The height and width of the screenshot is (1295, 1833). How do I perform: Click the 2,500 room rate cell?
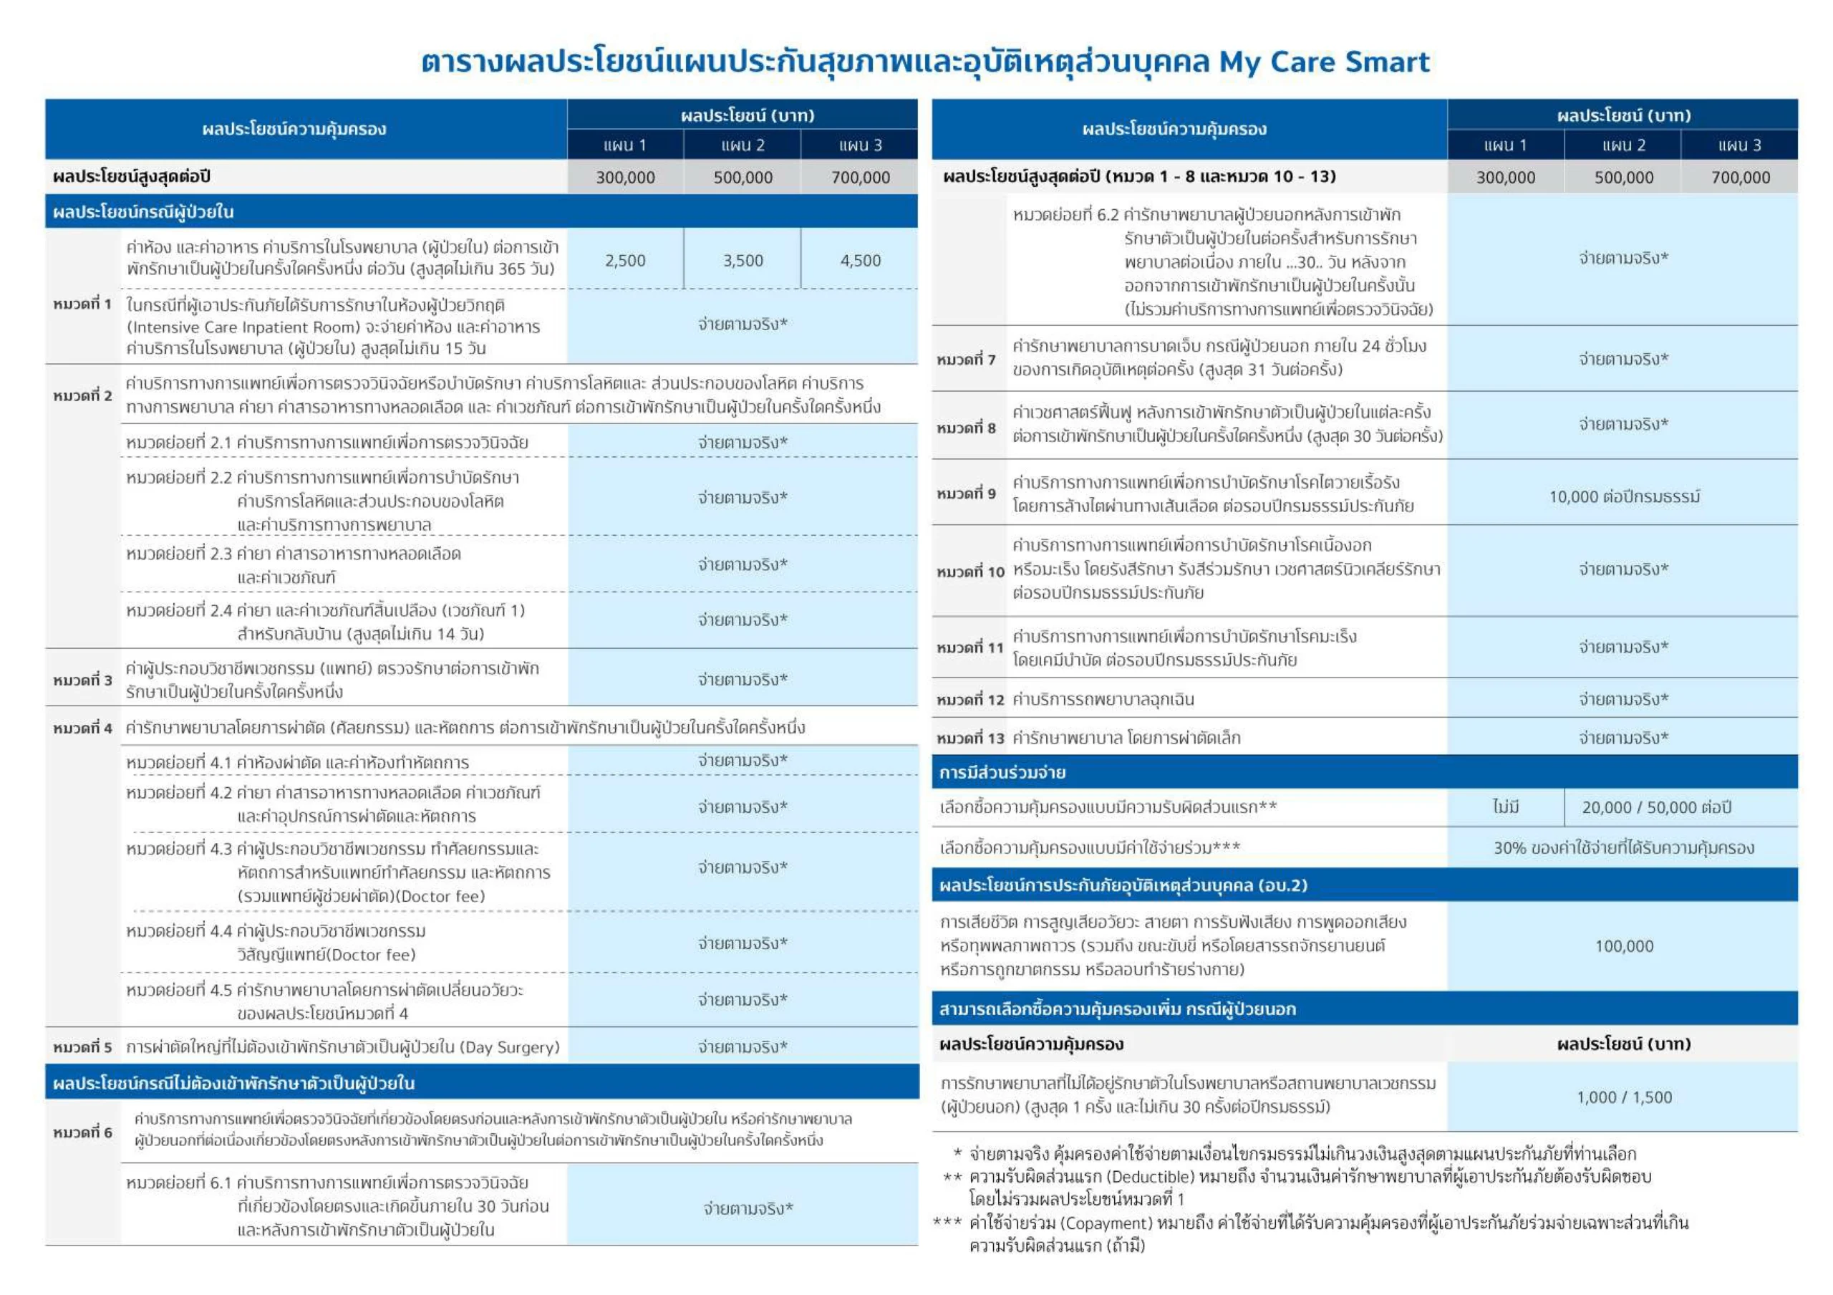(x=625, y=260)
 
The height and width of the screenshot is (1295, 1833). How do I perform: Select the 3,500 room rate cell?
(x=743, y=260)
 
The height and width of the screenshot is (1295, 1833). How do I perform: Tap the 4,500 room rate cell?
(x=860, y=260)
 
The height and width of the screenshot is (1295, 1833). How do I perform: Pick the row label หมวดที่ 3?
(x=82, y=680)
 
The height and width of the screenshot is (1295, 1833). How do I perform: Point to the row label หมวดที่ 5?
(x=82, y=1046)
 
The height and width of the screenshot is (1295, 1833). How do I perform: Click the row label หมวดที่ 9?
(x=966, y=494)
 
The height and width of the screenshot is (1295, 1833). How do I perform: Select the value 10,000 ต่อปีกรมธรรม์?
(x=1624, y=496)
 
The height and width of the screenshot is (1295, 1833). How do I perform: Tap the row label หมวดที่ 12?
(x=969, y=699)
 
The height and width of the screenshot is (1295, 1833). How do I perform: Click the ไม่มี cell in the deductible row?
(x=1505, y=807)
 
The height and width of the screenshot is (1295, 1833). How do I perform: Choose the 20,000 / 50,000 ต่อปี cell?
(x=1657, y=807)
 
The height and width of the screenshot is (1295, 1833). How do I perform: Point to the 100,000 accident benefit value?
(x=1624, y=946)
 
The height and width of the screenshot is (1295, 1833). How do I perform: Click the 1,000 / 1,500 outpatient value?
(x=1624, y=1097)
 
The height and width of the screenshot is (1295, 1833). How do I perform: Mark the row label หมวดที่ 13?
(x=969, y=738)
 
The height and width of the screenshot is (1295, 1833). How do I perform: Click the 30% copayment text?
(x=1509, y=848)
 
